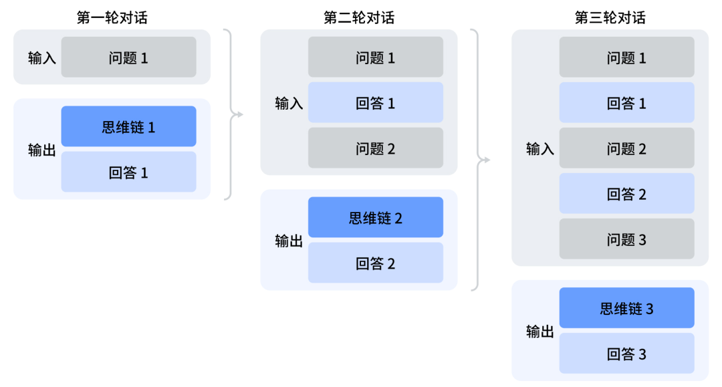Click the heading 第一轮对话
tap(112, 18)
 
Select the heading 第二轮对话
tap(359, 18)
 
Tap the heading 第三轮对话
tap(610, 18)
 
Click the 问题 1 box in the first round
tap(128, 57)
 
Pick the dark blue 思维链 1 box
tap(128, 127)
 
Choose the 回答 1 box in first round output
tap(128, 172)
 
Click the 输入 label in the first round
tap(42, 58)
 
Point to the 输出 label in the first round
tap(42, 150)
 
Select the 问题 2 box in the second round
tap(375, 148)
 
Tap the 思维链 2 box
tap(375, 218)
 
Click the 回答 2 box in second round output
tap(375, 263)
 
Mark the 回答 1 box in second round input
tap(375, 103)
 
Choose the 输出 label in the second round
tap(289, 241)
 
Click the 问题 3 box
tap(626, 239)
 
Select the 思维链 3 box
tap(626, 308)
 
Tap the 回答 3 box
tap(626, 354)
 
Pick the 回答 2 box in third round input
tap(626, 194)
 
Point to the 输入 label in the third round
tap(540, 148)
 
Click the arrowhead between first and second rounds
tap(239, 114)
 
